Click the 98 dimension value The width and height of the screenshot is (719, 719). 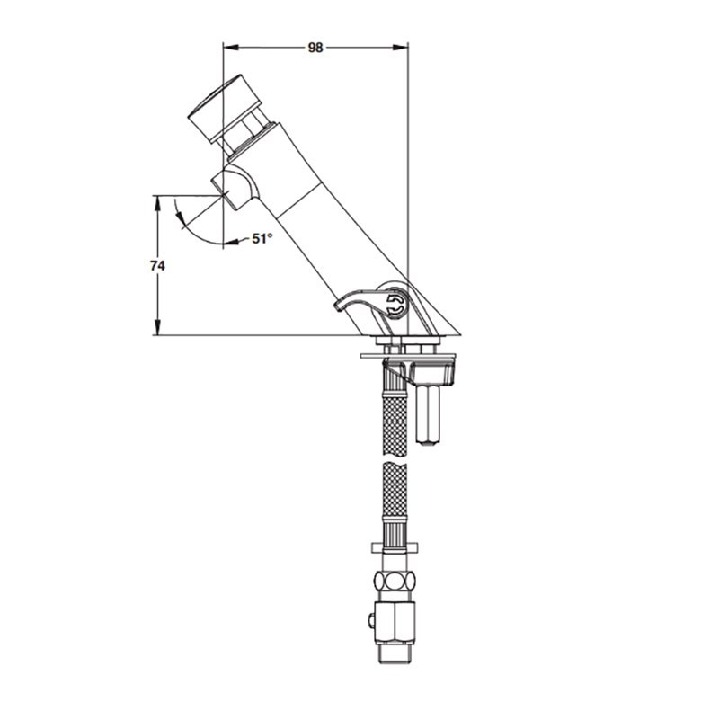315,48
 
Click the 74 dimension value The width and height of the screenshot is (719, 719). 157,265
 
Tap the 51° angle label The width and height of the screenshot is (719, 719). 262,238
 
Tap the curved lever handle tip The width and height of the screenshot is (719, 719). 340,306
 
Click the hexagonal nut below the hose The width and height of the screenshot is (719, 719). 395,581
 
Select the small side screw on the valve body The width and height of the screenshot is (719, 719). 370,620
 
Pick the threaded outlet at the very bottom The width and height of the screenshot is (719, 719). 395,653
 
